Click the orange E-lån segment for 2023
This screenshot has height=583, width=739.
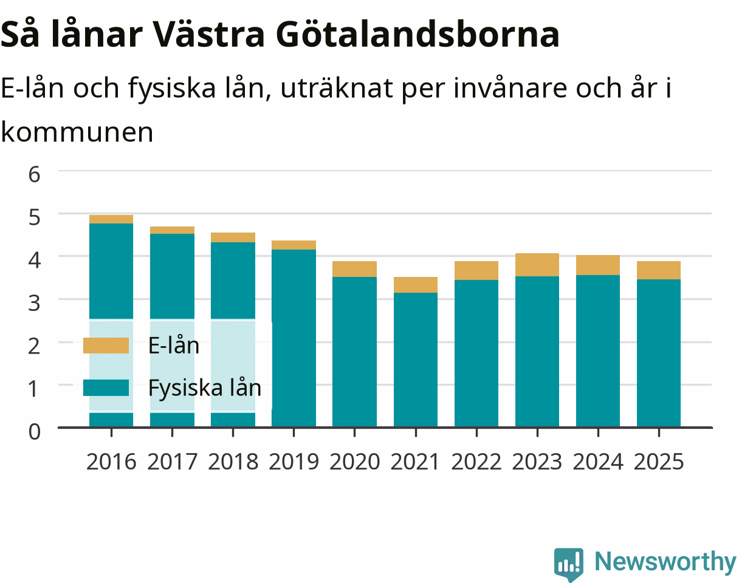[x=537, y=265]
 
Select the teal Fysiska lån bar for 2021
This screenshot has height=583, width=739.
[x=416, y=360]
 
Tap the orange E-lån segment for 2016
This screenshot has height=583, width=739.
[x=111, y=219]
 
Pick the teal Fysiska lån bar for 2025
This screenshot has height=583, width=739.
[x=659, y=353]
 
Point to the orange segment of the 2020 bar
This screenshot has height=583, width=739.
[x=354, y=269]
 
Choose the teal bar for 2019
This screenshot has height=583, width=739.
[x=294, y=338]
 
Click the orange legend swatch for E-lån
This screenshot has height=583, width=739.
[x=106, y=346]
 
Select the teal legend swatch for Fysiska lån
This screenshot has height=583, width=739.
[x=106, y=387]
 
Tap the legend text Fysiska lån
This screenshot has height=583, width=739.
[x=205, y=388]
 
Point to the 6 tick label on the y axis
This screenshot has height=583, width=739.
[x=35, y=174]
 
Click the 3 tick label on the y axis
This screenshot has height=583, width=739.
[x=35, y=303]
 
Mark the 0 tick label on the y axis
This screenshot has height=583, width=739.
[x=35, y=432]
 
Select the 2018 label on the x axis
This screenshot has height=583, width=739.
[x=233, y=462]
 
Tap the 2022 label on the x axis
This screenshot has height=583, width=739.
[x=476, y=462]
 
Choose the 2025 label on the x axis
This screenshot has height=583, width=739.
[x=659, y=462]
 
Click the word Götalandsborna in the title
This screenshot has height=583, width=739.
[x=418, y=35]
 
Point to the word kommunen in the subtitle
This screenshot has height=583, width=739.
[x=77, y=132]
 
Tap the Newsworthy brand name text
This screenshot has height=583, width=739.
[x=665, y=562]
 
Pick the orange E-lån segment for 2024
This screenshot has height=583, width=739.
[x=598, y=265]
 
